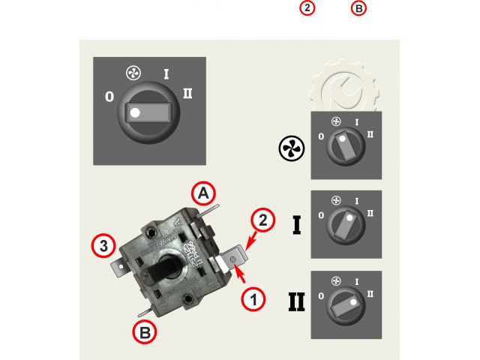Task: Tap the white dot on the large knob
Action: (135, 113)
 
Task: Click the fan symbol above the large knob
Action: (133, 75)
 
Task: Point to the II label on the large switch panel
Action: (187, 94)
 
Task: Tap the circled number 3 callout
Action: (104, 244)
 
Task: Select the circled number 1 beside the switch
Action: (253, 298)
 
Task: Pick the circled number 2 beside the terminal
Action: (262, 220)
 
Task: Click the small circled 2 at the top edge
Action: (307, 8)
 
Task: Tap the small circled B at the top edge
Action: (359, 8)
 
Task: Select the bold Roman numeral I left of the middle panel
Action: (297, 223)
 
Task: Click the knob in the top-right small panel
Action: (345, 145)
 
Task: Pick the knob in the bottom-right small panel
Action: (345, 304)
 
